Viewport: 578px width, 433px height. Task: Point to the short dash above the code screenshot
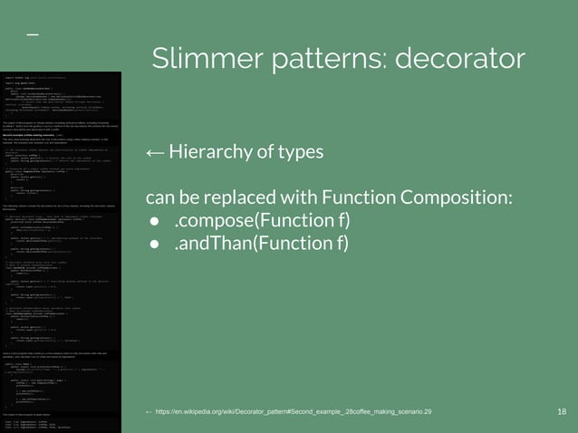tap(32, 34)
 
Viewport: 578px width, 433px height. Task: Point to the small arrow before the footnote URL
tap(149, 411)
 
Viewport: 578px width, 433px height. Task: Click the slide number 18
tap(562, 411)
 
